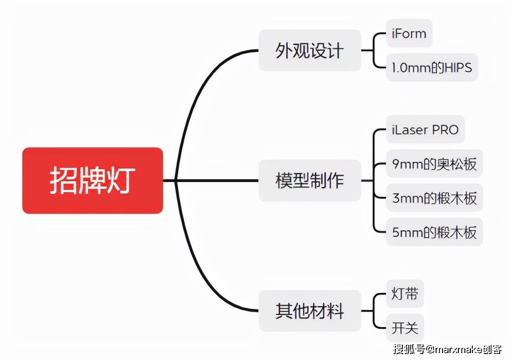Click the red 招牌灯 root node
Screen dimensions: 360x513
(92, 180)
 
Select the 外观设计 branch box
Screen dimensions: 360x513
(310, 51)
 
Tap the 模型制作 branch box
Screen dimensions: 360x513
(310, 180)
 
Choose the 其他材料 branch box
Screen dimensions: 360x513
(310, 311)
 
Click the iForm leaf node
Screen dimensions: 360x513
(409, 34)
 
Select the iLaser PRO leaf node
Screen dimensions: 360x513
(425, 130)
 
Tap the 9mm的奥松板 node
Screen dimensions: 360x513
(434, 164)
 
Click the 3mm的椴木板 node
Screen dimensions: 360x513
(434, 198)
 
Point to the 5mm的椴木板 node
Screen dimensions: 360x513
(434, 232)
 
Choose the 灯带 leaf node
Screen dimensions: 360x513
(405, 295)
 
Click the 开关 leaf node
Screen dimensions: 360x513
(405, 328)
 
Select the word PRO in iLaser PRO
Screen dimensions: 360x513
(445, 130)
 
